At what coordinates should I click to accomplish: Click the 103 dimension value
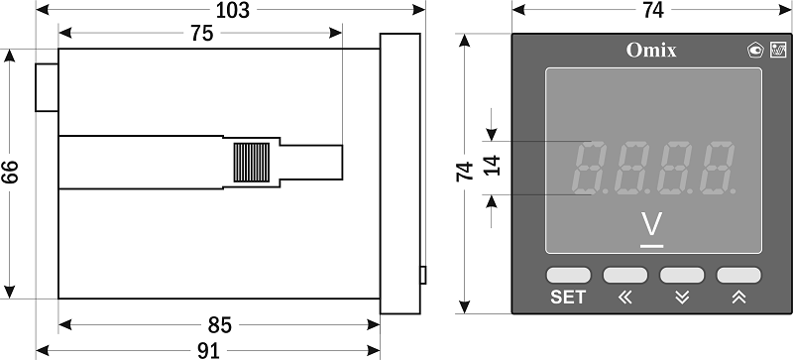[233, 10]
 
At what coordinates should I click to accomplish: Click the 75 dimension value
[202, 34]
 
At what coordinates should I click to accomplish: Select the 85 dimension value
[219, 325]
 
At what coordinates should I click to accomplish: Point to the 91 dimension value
[208, 351]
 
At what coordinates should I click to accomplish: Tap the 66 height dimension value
[10, 173]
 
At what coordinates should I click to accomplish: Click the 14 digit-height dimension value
[492, 166]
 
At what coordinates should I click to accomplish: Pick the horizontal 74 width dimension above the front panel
[653, 10]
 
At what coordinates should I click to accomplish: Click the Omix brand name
[651, 51]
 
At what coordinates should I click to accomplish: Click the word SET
[568, 298]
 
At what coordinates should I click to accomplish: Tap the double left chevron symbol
[625, 298]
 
